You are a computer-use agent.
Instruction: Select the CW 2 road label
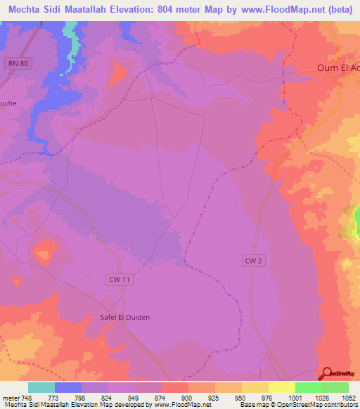[254, 261]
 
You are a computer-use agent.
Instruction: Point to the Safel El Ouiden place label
[124, 317]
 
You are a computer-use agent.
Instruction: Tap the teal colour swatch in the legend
[41, 387]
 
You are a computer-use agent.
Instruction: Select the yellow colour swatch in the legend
[281, 387]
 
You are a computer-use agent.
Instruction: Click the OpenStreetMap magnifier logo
[328, 374]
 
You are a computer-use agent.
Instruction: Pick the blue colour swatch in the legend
[68, 387]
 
